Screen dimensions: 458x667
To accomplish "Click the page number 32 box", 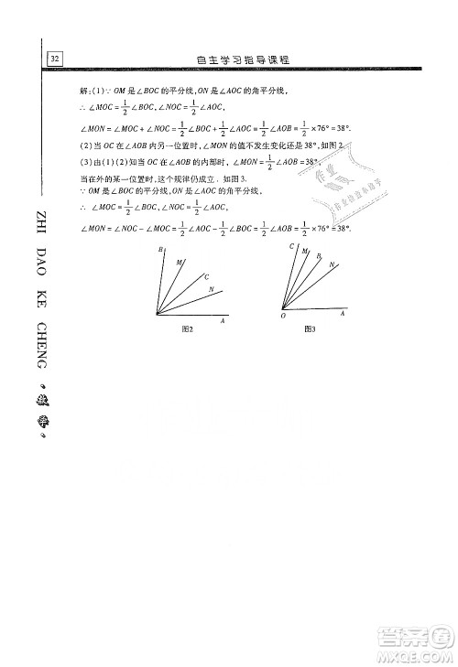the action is [x=55, y=59].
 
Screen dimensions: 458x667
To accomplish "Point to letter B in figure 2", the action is [x=160, y=250].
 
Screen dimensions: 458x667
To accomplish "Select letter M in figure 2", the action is [x=179, y=262].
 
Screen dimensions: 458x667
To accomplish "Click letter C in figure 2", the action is [x=206, y=276].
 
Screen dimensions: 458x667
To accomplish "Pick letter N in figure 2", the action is [x=212, y=290].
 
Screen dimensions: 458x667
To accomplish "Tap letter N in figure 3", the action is [x=331, y=264].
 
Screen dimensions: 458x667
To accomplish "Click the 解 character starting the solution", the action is [x=84, y=91].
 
